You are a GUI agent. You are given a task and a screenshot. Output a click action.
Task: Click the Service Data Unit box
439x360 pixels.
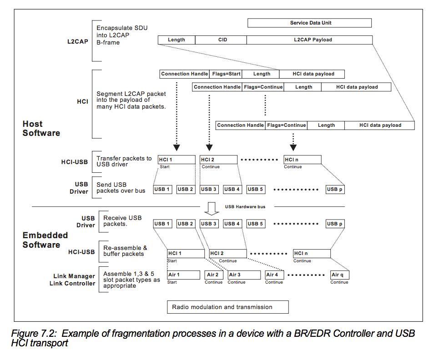(309, 23)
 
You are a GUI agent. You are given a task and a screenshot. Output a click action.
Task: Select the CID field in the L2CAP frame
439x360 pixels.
(221, 40)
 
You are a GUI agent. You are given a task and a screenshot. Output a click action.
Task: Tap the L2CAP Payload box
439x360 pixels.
(309, 40)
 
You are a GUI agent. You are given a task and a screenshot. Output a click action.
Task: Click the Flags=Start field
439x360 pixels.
(226, 74)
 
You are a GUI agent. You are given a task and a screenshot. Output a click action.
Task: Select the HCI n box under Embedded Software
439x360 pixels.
(312, 254)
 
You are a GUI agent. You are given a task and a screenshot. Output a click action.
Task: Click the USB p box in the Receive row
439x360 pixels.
(335, 224)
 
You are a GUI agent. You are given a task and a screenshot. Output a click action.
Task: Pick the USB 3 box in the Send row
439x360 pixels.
(209, 189)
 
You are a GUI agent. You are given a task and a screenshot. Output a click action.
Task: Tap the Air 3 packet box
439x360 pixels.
(244, 275)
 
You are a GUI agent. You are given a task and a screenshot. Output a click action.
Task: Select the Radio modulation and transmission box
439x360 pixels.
(227, 307)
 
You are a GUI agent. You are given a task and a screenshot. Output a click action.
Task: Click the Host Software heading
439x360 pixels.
(41, 129)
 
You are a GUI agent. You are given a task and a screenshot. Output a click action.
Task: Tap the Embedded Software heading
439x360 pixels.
(45, 240)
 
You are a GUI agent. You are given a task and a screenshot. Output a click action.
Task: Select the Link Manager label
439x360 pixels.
(74, 276)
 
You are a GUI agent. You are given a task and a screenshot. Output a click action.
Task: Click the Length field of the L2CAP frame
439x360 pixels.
(177, 40)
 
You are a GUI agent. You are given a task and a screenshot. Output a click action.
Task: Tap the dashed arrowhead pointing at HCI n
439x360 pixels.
(293, 148)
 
